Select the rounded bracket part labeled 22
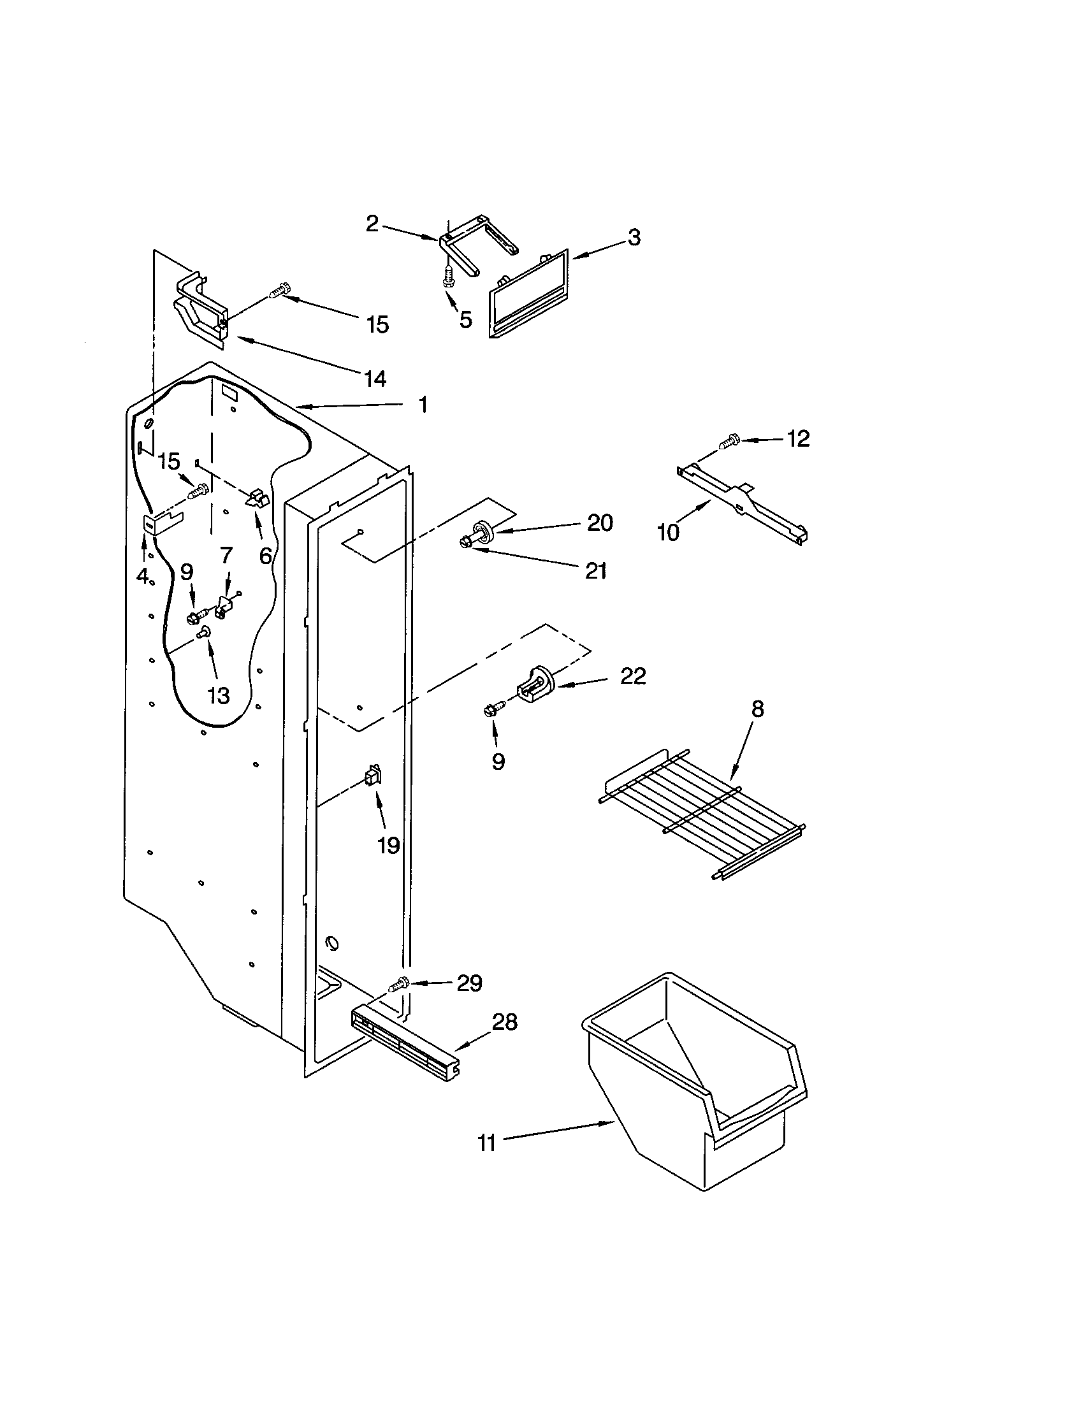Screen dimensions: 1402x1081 tap(534, 685)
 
